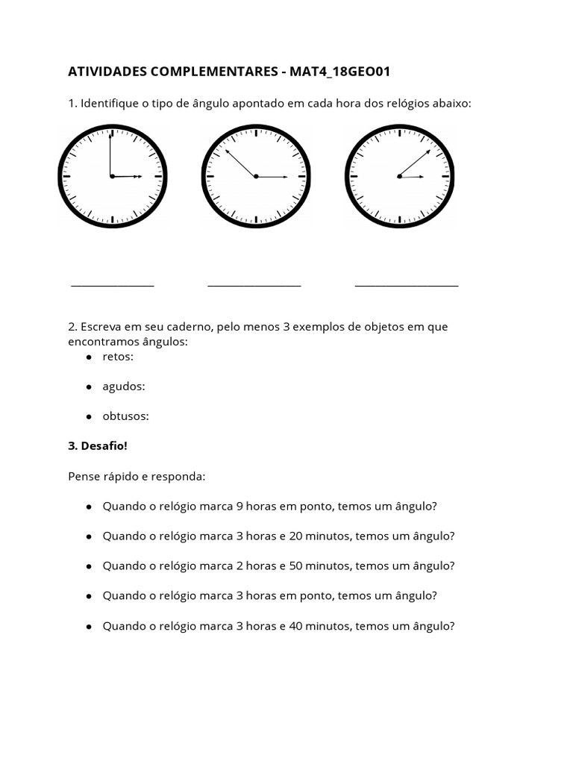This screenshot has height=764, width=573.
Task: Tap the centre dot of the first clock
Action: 112,176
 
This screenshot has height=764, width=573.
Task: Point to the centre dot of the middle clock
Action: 256,176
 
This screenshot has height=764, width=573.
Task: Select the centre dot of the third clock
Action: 399,176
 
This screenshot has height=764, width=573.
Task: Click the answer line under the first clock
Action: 113,285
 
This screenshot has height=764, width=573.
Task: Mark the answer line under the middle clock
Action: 254,285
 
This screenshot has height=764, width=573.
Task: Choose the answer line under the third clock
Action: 407,285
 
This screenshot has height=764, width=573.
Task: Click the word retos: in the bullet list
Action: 118,357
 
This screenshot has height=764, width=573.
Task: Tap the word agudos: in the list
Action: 124,386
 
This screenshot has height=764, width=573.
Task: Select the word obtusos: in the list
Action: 126,416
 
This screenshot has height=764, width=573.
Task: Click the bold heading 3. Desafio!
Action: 98,446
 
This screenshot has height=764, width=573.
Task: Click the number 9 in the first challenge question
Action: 239,506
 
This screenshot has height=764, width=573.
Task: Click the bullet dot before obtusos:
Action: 89,416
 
